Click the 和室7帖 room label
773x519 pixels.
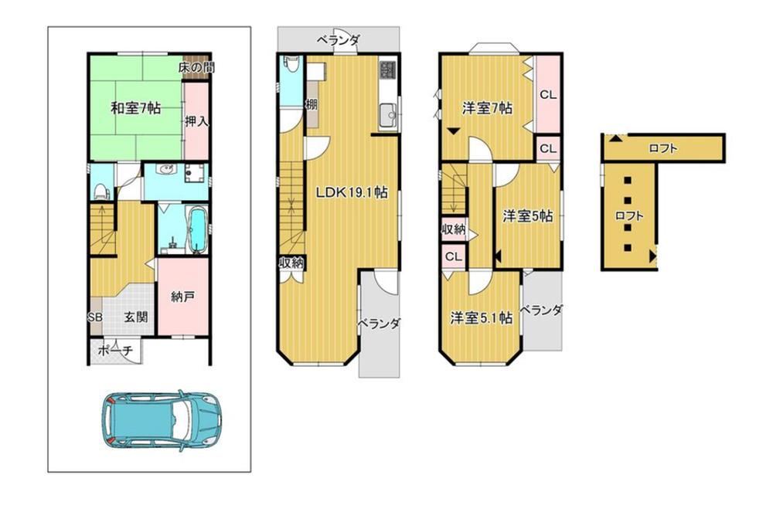point(135,108)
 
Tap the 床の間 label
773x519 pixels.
point(196,67)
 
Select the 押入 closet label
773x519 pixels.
point(196,120)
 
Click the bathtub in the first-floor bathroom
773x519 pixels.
point(197,230)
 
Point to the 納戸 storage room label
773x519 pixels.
point(182,297)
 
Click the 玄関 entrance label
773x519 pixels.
point(135,317)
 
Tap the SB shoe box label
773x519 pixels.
point(95,317)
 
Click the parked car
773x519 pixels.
point(162,419)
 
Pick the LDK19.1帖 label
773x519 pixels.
point(352,192)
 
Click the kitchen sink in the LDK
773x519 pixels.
point(387,117)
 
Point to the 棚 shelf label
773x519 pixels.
point(312,104)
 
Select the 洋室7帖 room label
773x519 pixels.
point(487,107)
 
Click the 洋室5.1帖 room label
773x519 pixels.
point(481,317)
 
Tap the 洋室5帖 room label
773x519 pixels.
point(527,215)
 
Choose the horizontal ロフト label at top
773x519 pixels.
point(663,148)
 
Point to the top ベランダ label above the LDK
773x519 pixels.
point(339,39)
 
